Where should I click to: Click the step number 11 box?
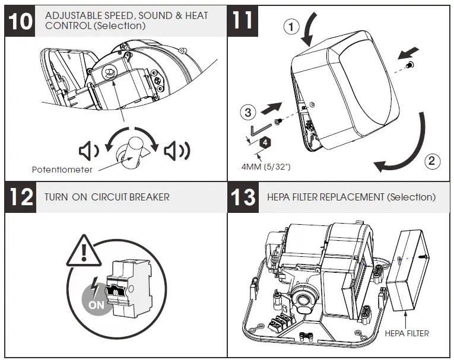243,20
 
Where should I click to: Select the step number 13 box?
243,197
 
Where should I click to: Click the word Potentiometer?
62,170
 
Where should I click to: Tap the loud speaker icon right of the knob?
177,151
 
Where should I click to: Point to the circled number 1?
289,27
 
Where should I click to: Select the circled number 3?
248,111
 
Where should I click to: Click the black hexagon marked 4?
266,142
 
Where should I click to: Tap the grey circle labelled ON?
96,297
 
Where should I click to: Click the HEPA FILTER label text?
407,333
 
